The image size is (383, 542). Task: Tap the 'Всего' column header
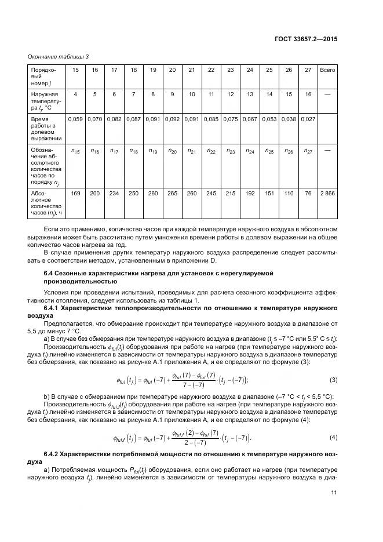point(327,70)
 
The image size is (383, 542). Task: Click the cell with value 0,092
point(172,119)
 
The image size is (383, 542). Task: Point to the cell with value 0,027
point(308,119)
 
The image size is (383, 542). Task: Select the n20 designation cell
point(172,151)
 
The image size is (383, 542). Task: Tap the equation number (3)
point(333,380)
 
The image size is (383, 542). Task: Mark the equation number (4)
point(333,436)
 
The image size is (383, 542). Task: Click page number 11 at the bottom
point(334,493)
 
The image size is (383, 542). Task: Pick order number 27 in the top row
point(308,70)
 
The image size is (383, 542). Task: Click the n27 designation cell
point(308,151)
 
